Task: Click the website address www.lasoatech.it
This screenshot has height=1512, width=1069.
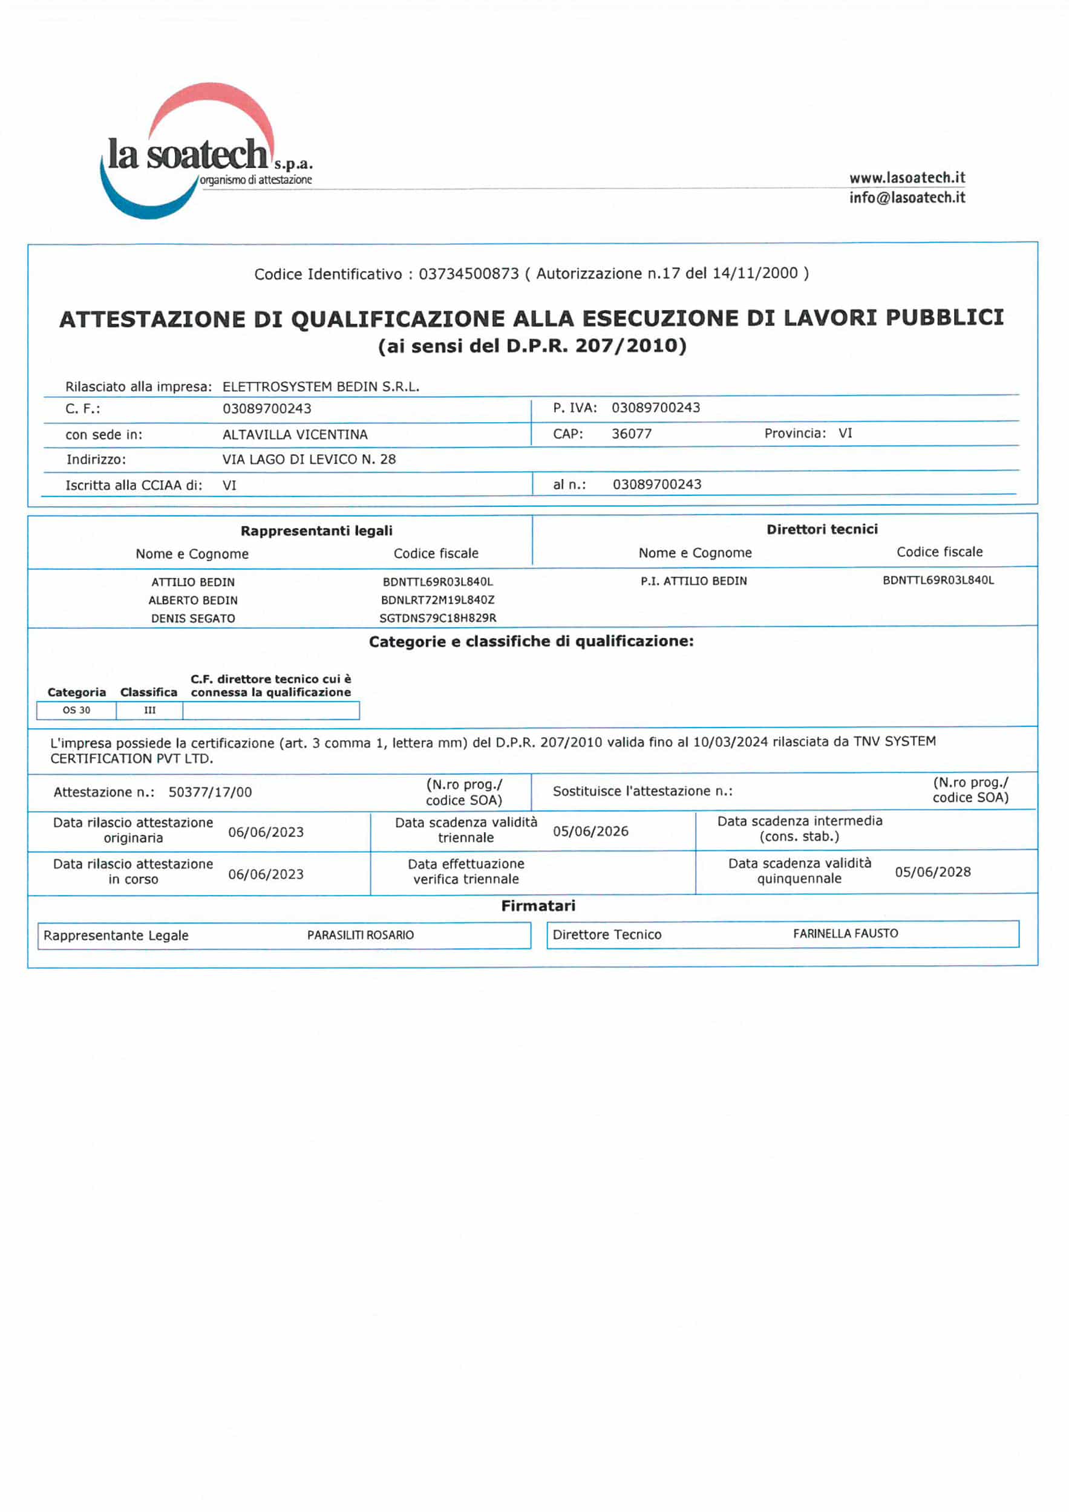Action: pos(906,178)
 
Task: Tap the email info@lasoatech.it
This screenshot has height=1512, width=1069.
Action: pos(906,198)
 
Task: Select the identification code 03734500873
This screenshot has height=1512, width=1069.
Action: pos(468,273)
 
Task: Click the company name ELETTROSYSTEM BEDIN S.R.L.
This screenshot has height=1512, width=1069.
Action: pos(321,386)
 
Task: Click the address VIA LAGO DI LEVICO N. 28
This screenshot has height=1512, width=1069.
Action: pos(309,459)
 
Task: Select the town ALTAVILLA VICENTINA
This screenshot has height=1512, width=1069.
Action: pos(295,435)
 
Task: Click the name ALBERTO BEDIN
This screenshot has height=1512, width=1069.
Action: pos(193,600)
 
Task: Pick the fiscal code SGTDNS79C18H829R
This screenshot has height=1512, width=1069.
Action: pos(437,618)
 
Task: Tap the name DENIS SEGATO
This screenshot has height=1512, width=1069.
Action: pos(193,618)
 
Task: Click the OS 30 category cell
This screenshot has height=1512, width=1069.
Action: pos(76,710)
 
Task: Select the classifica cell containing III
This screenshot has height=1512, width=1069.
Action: pos(149,710)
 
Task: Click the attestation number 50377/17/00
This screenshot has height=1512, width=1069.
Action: pos(210,792)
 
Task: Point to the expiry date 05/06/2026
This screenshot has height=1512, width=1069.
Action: pos(590,831)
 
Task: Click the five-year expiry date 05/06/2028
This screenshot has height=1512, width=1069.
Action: pos(932,872)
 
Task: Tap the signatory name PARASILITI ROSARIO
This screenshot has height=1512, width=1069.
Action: pos(361,935)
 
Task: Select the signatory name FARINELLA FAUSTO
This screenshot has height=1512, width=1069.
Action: pos(845,933)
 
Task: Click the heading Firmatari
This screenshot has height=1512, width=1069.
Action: pos(537,905)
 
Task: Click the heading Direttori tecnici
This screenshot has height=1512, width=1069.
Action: pos(822,529)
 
